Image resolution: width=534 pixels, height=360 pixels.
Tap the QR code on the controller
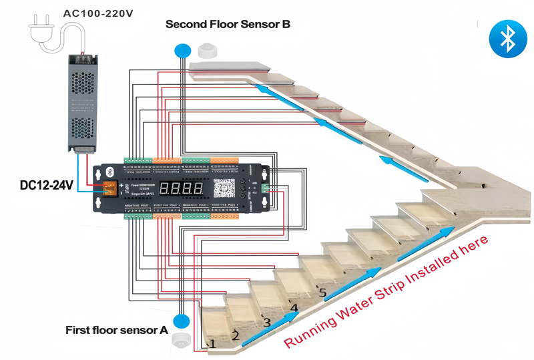tap(224, 189)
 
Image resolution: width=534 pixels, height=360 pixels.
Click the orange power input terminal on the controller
tap(107, 189)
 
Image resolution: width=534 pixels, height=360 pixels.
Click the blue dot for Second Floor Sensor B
tap(182, 50)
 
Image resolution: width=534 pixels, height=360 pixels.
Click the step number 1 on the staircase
tap(212, 345)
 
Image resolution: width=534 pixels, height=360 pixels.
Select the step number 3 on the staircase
tap(266, 323)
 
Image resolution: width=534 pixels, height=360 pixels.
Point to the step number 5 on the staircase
tap(322, 293)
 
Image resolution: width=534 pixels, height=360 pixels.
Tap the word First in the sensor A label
tap(79, 330)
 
